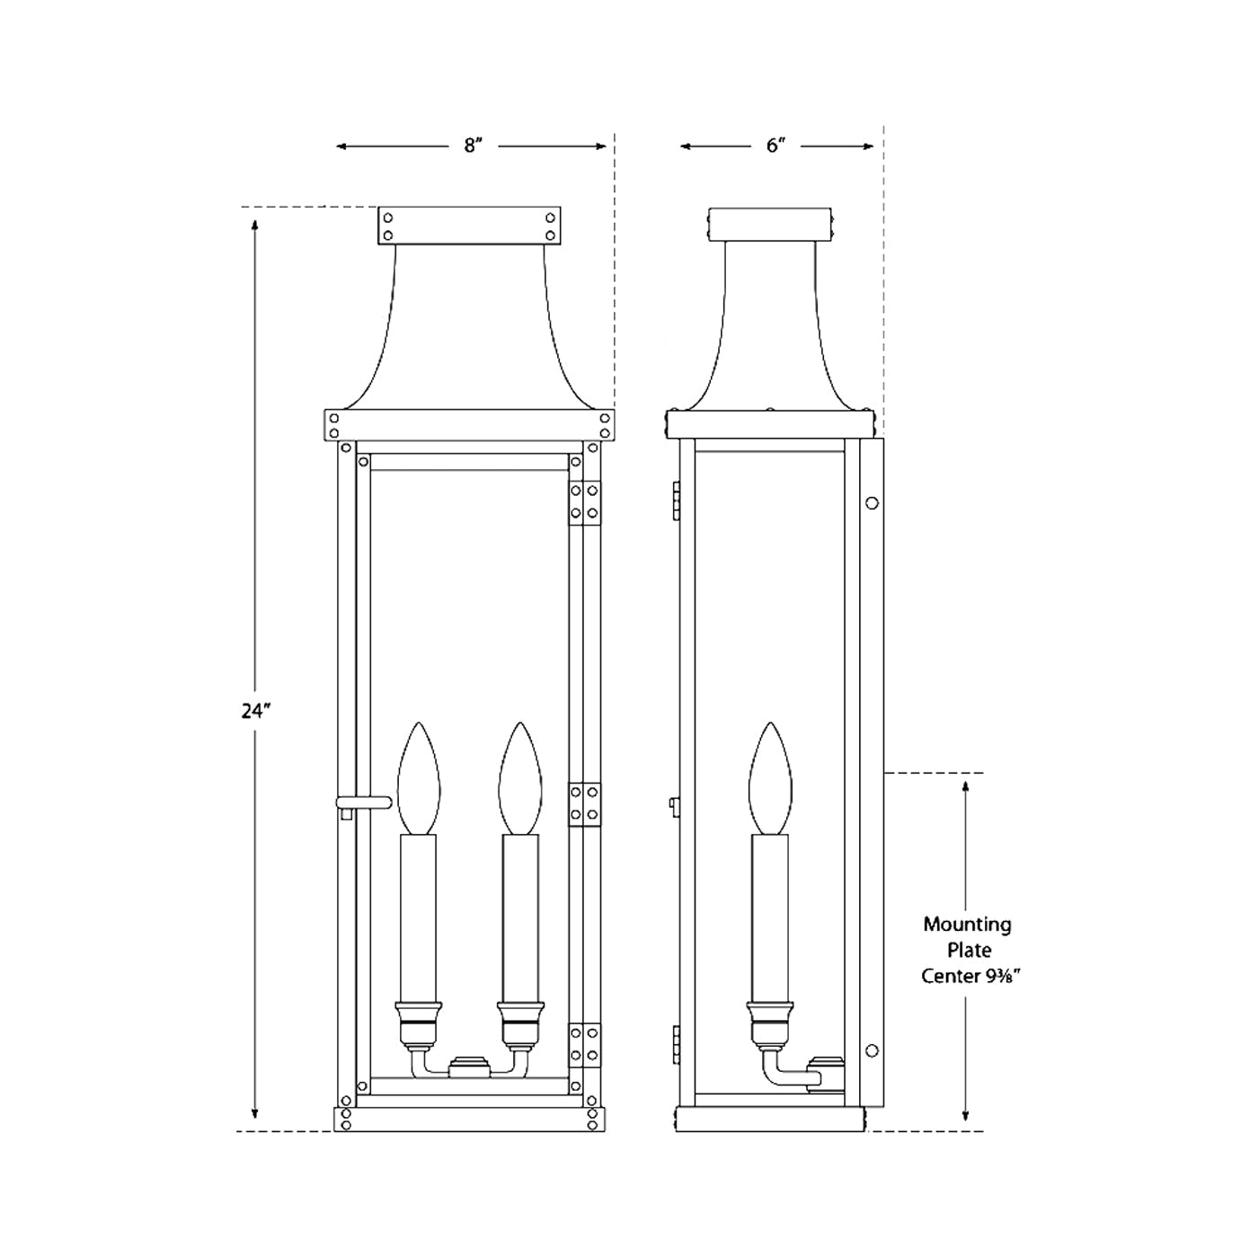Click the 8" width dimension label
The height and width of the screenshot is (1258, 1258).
(x=474, y=146)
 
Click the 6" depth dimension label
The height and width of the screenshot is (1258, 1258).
(x=776, y=146)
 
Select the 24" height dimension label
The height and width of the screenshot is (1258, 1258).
(x=255, y=711)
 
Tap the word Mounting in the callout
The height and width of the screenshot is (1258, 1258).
(x=967, y=924)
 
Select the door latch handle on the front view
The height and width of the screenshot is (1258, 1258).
(x=363, y=802)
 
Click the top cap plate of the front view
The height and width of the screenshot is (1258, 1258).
(x=469, y=225)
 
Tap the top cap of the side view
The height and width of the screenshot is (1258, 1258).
(x=771, y=225)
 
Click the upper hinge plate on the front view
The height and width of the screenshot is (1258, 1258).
(x=585, y=503)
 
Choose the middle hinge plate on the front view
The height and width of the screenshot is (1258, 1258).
(x=585, y=804)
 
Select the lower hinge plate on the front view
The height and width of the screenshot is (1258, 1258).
(x=585, y=1045)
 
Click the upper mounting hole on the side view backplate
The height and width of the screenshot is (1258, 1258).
(x=872, y=503)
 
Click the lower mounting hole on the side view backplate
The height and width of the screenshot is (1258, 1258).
(x=872, y=1050)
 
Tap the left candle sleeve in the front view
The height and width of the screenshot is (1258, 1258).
(x=418, y=917)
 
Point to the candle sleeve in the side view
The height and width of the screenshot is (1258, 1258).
(x=770, y=917)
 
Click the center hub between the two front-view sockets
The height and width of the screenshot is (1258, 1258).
(x=469, y=1066)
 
